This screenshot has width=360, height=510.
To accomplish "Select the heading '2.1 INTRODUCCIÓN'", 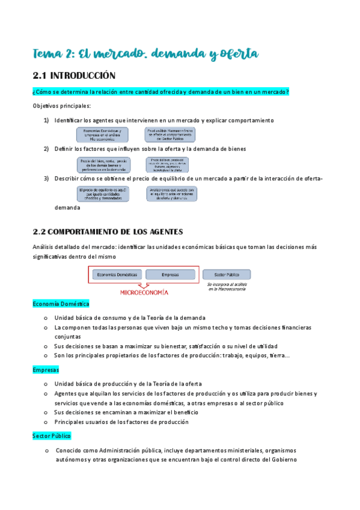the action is (74, 76).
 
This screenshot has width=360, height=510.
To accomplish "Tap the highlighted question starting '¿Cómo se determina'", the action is (161, 91).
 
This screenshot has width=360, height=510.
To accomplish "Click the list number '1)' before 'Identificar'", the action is (46, 120).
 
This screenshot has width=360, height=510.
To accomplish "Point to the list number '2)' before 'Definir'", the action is (46, 149).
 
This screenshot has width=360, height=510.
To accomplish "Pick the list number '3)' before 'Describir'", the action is (46, 178).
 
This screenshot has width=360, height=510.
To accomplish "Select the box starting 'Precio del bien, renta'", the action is (103, 165).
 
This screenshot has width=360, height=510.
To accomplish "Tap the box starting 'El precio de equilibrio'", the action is (103, 194).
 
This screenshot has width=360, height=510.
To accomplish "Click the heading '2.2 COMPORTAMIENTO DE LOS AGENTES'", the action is (108, 232).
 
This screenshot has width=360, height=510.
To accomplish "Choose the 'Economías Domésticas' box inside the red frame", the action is (117, 274).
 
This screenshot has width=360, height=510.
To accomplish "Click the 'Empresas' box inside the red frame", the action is (170, 274).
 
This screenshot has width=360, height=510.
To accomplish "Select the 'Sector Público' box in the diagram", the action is (227, 274).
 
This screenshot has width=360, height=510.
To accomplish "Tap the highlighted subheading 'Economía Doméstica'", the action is (61, 304).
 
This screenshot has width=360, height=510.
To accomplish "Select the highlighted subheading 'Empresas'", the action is (46, 369).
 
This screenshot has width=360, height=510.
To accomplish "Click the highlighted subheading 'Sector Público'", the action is (52, 435).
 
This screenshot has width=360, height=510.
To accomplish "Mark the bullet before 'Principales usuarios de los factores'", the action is (46, 422).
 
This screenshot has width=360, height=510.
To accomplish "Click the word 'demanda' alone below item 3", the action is (67, 207).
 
